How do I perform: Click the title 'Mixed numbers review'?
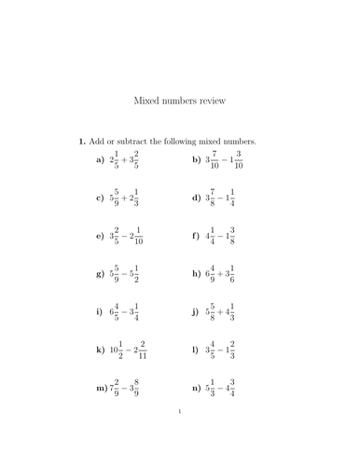point(180,98)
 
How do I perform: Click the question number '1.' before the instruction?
point(82,142)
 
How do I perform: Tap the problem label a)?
point(100,160)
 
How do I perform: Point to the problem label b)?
point(197,160)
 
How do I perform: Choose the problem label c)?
point(100,198)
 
